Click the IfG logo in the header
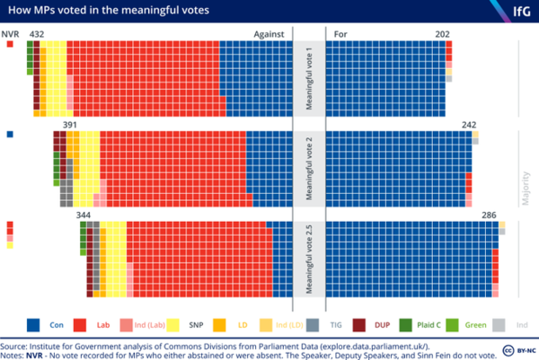point(517,11)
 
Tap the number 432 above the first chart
point(37,34)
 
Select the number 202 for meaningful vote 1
point(442,34)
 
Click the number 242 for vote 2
point(468,125)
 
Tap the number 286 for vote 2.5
point(490,215)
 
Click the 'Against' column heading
point(268,34)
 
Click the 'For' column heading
point(340,34)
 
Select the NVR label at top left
point(11,34)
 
